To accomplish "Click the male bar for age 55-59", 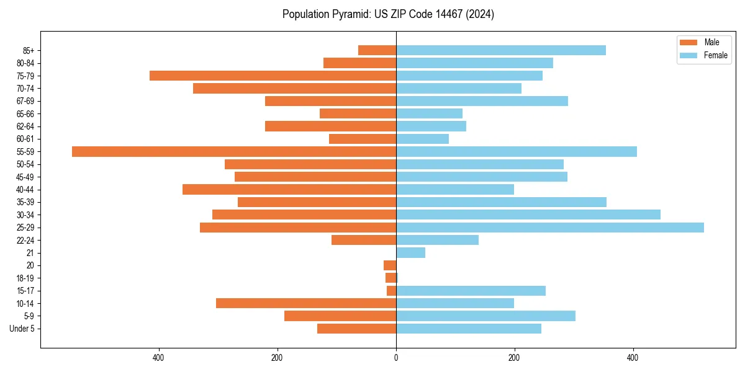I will click(233, 151).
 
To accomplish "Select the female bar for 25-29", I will click(549, 228).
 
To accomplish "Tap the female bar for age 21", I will click(410, 253).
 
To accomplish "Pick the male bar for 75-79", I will click(273, 76).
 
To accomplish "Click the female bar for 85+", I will click(500, 50).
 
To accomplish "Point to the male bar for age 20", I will click(390, 265).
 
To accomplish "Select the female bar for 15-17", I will click(471, 291).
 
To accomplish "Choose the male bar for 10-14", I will click(305, 303).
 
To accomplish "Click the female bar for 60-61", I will click(422, 139).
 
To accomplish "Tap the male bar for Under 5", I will click(356, 329).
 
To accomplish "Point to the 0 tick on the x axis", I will click(396, 358).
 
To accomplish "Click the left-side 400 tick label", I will click(158, 358).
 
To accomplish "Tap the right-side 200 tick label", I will click(514, 358).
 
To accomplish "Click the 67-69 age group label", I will click(25, 101).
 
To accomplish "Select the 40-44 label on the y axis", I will click(25, 190).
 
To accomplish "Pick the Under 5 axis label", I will click(22, 329).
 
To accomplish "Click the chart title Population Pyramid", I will click(388, 14).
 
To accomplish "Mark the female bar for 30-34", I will click(528, 215).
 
